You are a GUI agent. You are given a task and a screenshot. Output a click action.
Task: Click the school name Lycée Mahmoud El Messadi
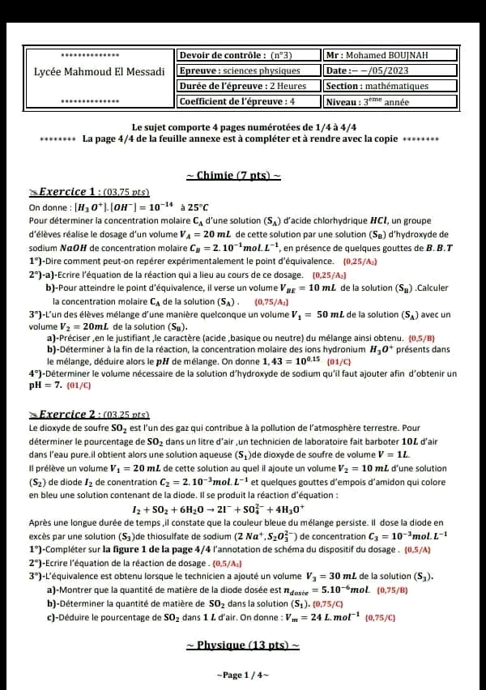coord(99,71)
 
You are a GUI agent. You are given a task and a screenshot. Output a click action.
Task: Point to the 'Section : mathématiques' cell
coord(377,86)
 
